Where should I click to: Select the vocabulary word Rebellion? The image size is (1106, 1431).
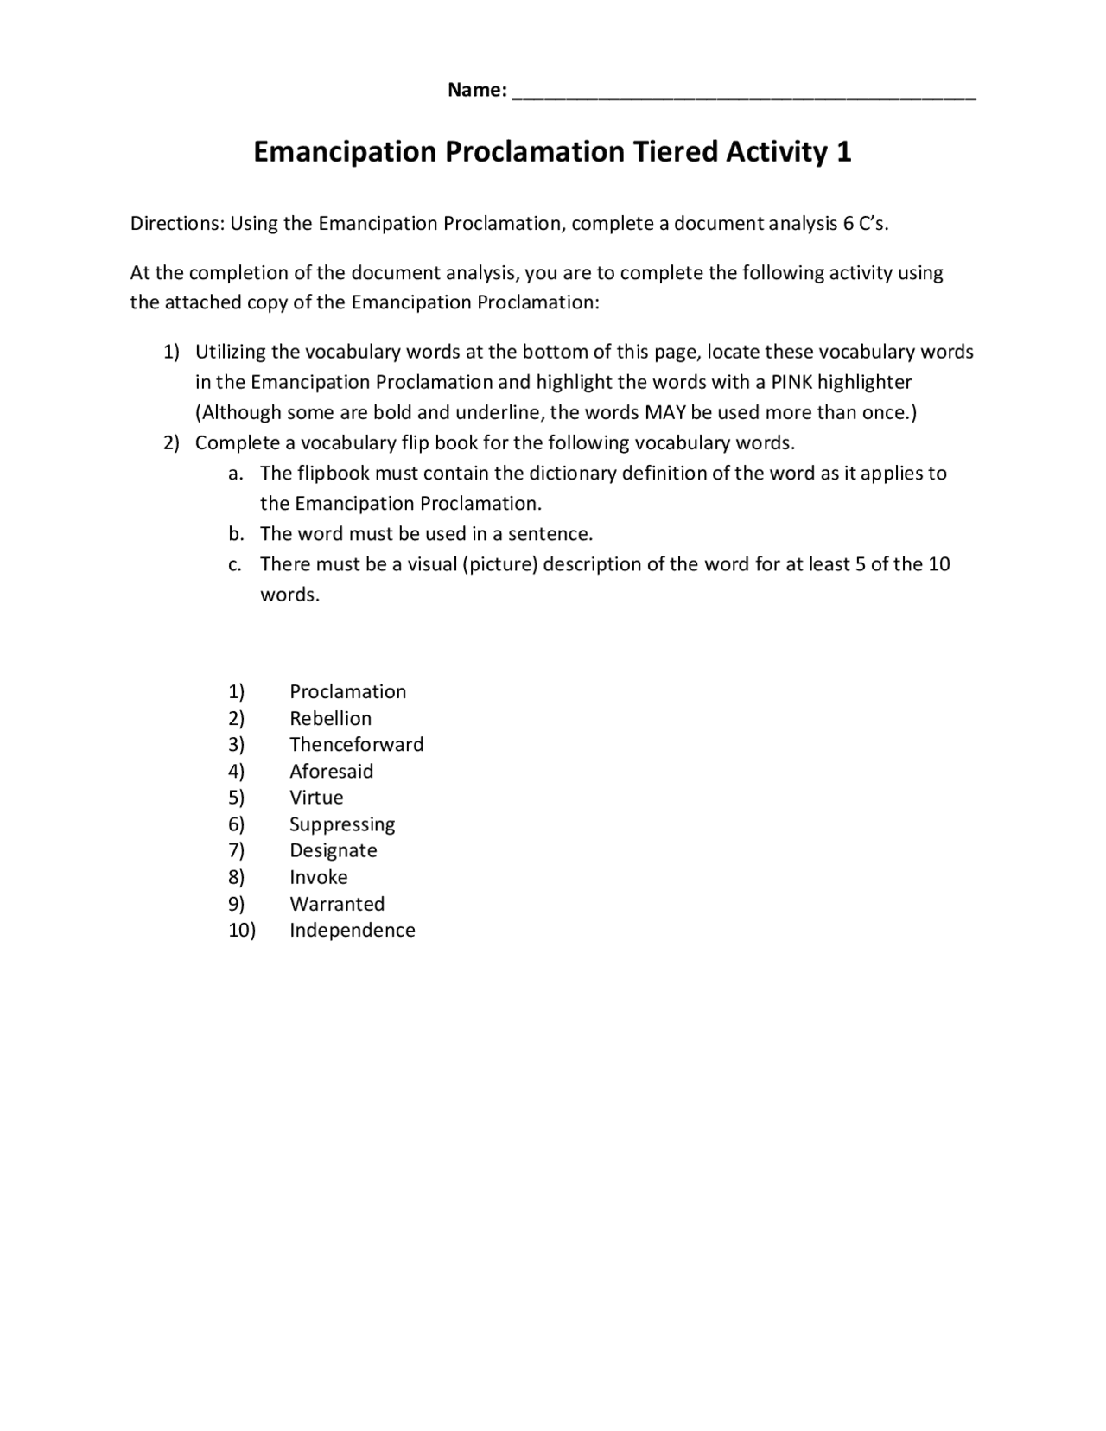330,718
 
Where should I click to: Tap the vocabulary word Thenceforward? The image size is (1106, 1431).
356,744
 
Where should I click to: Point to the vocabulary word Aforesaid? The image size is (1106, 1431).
331,771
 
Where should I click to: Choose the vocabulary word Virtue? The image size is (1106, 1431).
316,797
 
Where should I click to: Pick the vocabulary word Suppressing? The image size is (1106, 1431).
342,824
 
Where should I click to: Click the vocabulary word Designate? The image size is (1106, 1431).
333,850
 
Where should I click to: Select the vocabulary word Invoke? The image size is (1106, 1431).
318,877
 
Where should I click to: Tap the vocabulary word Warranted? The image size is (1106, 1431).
337,904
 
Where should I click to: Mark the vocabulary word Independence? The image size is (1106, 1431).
352,930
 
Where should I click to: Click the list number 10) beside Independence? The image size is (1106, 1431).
242,930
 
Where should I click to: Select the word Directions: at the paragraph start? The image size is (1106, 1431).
178,224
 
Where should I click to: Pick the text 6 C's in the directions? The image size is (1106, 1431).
865,224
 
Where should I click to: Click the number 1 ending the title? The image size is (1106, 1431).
844,152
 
